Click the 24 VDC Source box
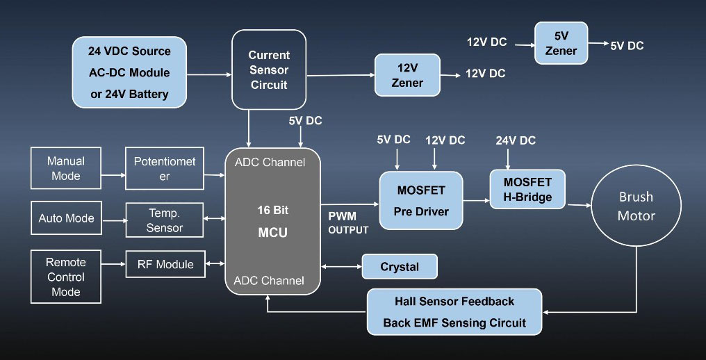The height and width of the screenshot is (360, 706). click(129, 72)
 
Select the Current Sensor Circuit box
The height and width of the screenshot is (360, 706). click(268, 69)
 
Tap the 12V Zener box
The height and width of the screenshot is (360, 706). click(407, 76)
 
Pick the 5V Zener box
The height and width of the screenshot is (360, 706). click(561, 43)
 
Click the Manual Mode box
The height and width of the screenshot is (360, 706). click(66, 168)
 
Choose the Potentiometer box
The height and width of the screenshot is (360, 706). click(165, 168)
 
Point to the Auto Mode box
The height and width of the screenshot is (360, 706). click(66, 218)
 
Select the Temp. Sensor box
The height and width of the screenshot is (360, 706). click(165, 220)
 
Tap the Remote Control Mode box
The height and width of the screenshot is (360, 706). click(66, 277)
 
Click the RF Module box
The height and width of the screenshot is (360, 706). click(165, 264)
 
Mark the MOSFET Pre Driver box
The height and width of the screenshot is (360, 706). click(420, 200)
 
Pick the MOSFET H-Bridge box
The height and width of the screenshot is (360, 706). click(527, 189)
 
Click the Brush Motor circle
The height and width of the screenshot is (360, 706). click(636, 206)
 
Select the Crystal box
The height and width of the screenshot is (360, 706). click(400, 267)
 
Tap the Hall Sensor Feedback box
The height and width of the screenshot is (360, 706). click(454, 312)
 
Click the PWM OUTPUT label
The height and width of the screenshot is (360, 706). click(348, 223)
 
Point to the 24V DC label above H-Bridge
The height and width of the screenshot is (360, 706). click(516, 140)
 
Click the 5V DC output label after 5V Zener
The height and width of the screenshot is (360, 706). click(627, 46)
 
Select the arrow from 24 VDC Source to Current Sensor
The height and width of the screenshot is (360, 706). click(209, 74)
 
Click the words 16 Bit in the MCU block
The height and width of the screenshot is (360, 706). click(272, 210)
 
